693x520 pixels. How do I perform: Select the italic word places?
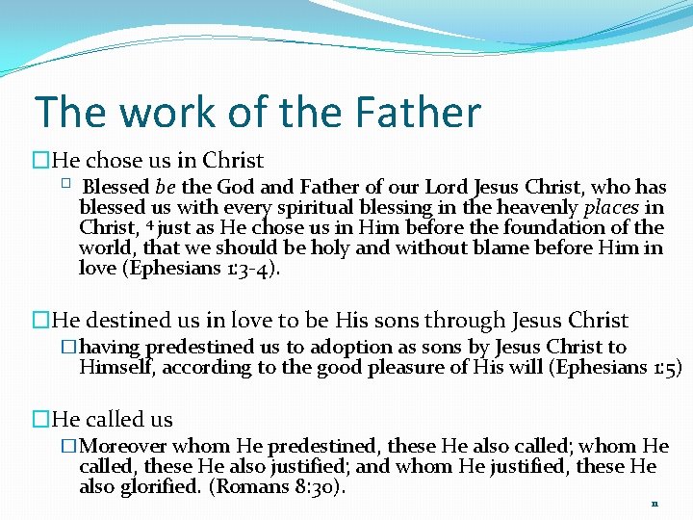pos(611,208)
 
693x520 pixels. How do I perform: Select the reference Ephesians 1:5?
pos(613,367)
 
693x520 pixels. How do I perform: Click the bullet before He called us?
pos(40,420)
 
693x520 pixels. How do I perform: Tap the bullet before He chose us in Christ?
pos(40,161)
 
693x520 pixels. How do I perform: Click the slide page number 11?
pos(654,504)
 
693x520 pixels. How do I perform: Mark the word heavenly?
pos(540,208)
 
